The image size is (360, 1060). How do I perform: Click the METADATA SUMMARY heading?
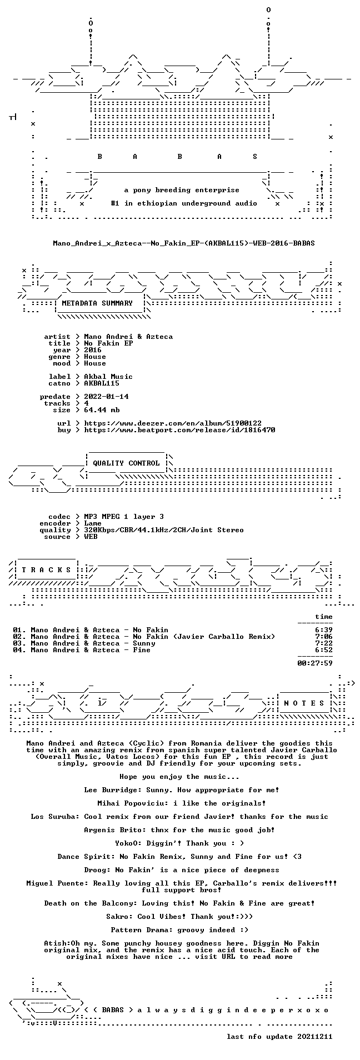coord(97,303)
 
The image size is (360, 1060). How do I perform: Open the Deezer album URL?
coord(173,423)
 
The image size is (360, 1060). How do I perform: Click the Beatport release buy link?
coord(179,430)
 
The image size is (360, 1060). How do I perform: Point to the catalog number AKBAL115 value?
coord(102,383)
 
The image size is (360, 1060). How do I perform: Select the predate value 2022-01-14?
coord(106,397)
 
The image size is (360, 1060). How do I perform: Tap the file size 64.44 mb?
coord(102,410)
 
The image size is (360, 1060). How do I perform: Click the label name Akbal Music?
coord(108,377)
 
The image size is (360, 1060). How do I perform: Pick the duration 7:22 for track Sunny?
coord(324,643)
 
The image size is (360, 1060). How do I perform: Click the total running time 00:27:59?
coord(315,663)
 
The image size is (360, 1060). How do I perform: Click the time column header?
coord(324,617)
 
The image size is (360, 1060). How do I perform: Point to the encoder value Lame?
coord(93,523)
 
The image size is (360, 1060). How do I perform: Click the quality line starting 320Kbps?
coord(164,530)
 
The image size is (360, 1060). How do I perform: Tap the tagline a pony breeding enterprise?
coord(182,190)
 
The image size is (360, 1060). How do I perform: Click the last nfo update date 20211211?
coord(315,1037)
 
